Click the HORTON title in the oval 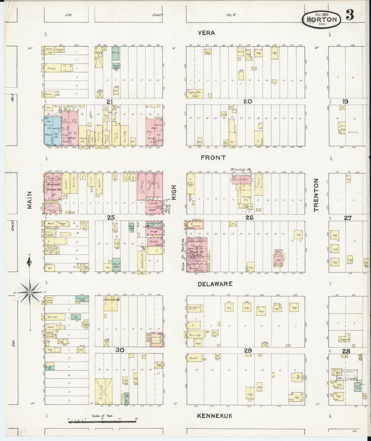coord(323,19)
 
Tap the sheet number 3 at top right coord(350,15)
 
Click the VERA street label coord(206,33)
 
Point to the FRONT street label coord(213,157)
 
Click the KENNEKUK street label coord(215,416)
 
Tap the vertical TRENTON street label coord(316,195)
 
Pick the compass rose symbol coord(30,292)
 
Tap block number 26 coord(249,218)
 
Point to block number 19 coord(345,101)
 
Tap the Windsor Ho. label coord(241,169)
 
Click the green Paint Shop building coord(116,265)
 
